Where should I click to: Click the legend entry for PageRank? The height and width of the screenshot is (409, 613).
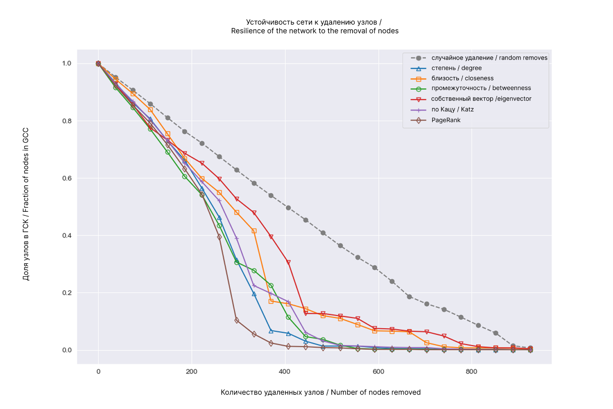[x=446, y=120]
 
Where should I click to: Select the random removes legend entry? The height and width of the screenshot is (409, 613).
[x=489, y=58]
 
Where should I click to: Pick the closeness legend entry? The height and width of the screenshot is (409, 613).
[x=462, y=78]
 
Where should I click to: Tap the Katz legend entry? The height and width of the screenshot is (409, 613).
[x=452, y=110]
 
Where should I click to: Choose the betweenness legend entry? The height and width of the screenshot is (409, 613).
[x=481, y=88]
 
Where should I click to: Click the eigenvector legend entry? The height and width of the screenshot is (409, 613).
[x=481, y=99]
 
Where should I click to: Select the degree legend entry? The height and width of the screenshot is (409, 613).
[x=456, y=68]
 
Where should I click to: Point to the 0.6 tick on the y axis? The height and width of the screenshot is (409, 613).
[x=67, y=178]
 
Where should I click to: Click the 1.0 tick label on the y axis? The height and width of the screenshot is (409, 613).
[x=67, y=64]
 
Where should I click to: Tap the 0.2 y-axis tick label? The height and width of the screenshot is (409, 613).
[x=67, y=293]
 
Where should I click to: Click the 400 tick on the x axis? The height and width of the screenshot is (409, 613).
[x=285, y=372]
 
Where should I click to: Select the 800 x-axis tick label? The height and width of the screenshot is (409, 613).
[x=471, y=372]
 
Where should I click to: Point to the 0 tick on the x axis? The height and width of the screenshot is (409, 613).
[x=98, y=372]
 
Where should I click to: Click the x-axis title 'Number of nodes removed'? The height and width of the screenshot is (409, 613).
[x=375, y=392]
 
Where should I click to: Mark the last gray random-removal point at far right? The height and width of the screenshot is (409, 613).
[x=530, y=348]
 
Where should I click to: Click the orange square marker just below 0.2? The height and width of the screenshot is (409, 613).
[x=271, y=301]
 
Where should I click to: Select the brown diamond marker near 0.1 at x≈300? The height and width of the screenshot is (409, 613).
[x=237, y=320]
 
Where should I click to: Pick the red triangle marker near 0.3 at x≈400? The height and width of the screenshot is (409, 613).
[x=288, y=263]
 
